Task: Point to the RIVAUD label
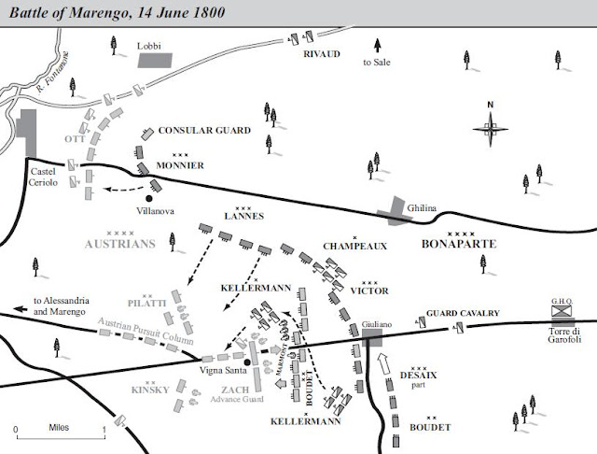(321, 54)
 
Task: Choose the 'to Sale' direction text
(377, 62)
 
